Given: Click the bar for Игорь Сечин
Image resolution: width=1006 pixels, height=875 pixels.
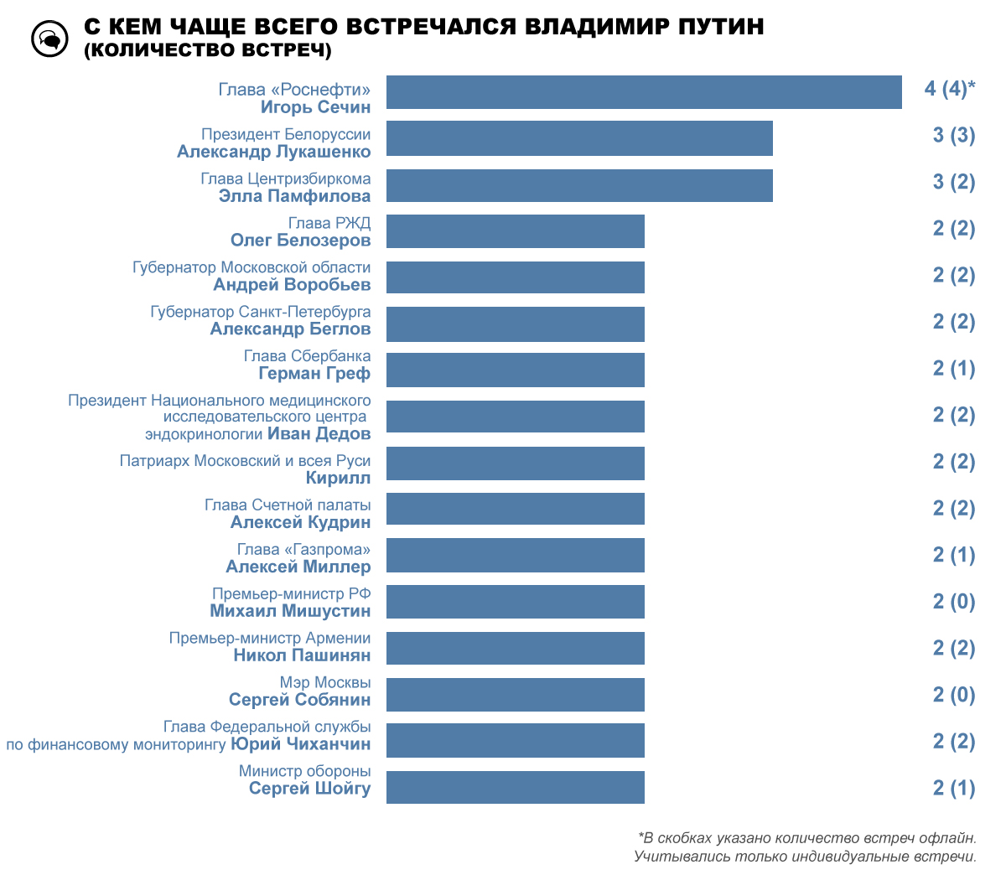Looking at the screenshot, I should coord(644,92).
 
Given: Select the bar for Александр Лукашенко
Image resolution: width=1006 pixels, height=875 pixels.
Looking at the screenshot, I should coord(579,138).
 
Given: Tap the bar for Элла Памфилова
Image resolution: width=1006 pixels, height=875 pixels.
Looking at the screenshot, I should coord(579,185).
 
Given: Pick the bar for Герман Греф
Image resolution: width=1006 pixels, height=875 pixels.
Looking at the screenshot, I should coord(516,370).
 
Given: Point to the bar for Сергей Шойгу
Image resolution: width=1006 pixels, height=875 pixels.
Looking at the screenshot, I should coord(516,787).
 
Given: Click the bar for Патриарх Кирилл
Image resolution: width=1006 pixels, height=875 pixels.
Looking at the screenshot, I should coord(516,463).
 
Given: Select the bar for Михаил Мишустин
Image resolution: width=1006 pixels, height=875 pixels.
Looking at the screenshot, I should coord(516,602).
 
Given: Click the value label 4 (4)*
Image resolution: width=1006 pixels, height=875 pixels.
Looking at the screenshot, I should coord(950,89).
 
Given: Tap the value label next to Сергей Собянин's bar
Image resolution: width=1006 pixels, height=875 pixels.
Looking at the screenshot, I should coord(954,695).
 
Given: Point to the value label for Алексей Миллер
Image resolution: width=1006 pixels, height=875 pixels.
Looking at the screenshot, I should coord(954,555).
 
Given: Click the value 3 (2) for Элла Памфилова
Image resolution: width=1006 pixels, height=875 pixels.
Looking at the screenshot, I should coord(954,182).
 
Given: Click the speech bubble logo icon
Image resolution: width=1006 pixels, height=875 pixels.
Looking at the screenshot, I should coord(49,39).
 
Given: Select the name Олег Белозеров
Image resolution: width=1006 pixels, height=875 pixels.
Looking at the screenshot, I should coord(300,241).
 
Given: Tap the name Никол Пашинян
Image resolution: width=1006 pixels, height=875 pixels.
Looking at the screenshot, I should coord(302,655).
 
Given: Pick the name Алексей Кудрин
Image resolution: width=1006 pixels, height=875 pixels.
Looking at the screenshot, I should coord(300,522).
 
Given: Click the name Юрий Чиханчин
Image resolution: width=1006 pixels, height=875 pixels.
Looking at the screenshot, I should coord(300,744).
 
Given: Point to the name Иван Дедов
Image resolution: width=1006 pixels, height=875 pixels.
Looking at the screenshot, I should coord(319,434).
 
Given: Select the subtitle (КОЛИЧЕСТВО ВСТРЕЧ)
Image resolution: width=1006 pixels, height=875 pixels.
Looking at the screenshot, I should coord(208,50).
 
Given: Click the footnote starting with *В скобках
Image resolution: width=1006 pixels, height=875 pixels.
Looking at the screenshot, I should coord(806,838).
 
